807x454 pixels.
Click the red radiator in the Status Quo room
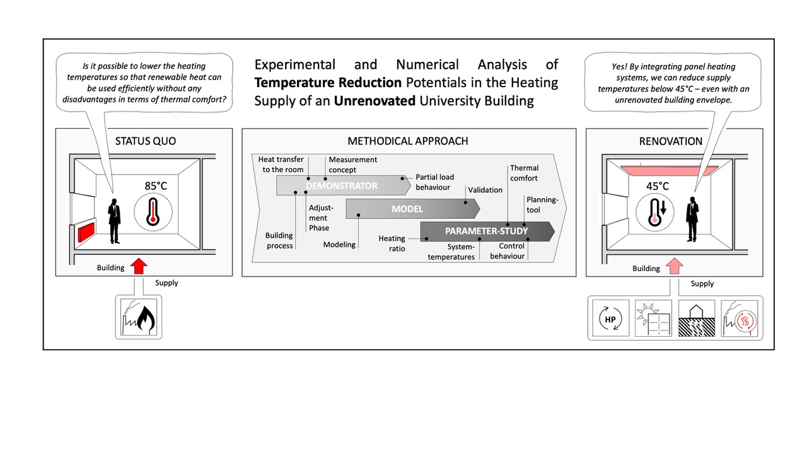click(86, 232)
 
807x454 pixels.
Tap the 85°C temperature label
click(156, 186)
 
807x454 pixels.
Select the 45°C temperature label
click(657, 186)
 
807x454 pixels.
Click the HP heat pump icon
click(611, 318)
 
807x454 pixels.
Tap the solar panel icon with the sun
click(653, 318)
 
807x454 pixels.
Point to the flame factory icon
click(139, 317)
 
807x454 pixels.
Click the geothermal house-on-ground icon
click(697, 318)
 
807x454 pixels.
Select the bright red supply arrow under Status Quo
click(139, 266)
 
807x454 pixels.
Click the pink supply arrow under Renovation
click(675, 267)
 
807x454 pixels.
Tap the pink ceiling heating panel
click(670, 170)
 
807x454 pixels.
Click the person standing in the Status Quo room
click(114, 221)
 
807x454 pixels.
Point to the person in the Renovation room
click(692, 219)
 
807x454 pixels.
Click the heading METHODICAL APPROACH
click(408, 141)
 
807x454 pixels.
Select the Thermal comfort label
click(524, 173)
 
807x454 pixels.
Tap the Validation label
click(485, 190)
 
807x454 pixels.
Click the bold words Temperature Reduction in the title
click(328, 83)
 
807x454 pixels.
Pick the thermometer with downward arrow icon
click(654, 212)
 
